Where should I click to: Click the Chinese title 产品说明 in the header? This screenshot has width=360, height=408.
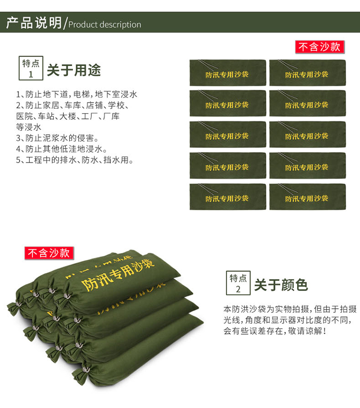coord(34,23)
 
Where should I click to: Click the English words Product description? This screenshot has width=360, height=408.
coord(105,25)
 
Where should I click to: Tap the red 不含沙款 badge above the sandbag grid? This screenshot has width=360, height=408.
coord(320,47)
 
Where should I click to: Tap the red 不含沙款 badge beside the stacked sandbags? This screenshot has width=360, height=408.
coord(49,253)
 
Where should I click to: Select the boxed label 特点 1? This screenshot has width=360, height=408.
coord(31,68)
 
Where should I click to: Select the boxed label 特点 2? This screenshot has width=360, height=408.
coord(238,283)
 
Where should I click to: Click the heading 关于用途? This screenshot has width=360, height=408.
coord(74,70)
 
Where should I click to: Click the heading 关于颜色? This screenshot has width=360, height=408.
coord(281,285)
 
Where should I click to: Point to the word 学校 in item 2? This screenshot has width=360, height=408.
coord(116,105)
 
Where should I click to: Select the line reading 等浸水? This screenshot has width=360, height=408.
coord(29,127)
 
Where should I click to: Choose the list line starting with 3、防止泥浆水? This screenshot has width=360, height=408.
coord(57,138)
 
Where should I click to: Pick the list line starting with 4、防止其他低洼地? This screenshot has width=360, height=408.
coord(62,149)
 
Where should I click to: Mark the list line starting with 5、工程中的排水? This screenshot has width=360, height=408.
coord(75,160)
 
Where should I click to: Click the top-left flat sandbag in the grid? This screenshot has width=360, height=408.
coord(228,72)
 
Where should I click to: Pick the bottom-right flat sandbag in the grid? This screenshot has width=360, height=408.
coord(308,197)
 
